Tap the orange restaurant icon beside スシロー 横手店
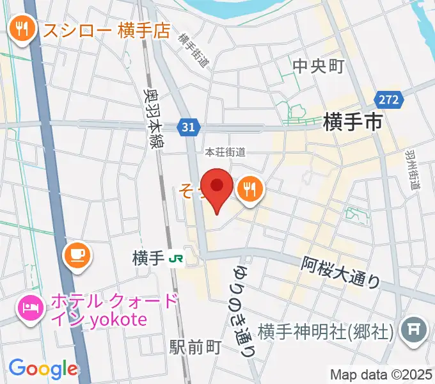pyautogui.click(x=23, y=29)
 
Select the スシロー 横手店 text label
pyautogui.click(x=106, y=29)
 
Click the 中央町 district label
pyautogui.click(x=319, y=67)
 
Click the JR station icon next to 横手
pyautogui.click(x=174, y=259)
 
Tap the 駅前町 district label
pyautogui.click(x=195, y=348)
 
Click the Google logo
pyautogui.click(x=43, y=368)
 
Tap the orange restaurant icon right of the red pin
pyautogui.click(x=248, y=189)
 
